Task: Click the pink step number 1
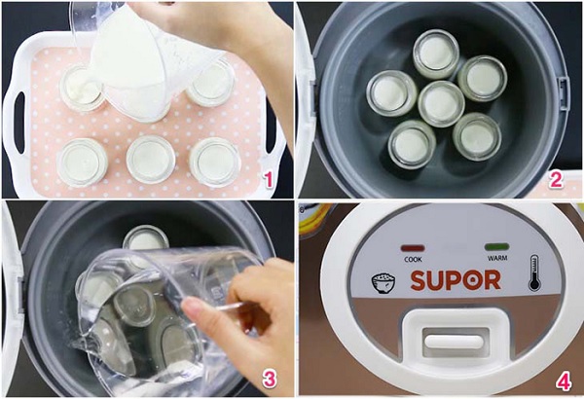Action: pyautogui.click(x=269, y=181)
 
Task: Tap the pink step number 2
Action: pyautogui.click(x=556, y=180)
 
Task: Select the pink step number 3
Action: pyautogui.click(x=270, y=380)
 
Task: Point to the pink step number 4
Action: pyautogui.click(x=564, y=381)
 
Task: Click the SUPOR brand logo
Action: pyautogui.click(x=456, y=280)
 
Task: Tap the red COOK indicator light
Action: pyautogui.click(x=413, y=248)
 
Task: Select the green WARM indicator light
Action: pyautogui.click(x=496, y=246)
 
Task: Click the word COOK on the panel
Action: pyautogui.click(x=413, y=259)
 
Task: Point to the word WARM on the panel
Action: pyautogui.click(x=497, y=258)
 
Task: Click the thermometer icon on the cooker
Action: pyautogui.click(x=534, y=273)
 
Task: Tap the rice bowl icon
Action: pyautogui.click(x=383, y=283)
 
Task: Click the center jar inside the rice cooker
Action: pyautogui.click(x=441, y=104)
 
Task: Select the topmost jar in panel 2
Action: pyautogui.click(x=436, y=54)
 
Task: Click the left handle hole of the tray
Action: pyautogui.click(x=19, y=123)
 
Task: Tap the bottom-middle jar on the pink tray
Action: pyautogui.click(x=151, y=160)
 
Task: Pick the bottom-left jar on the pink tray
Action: pyautogui.click(x=83, y=163)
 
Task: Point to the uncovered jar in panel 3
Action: pyautogui.click(x=146, y=238)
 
